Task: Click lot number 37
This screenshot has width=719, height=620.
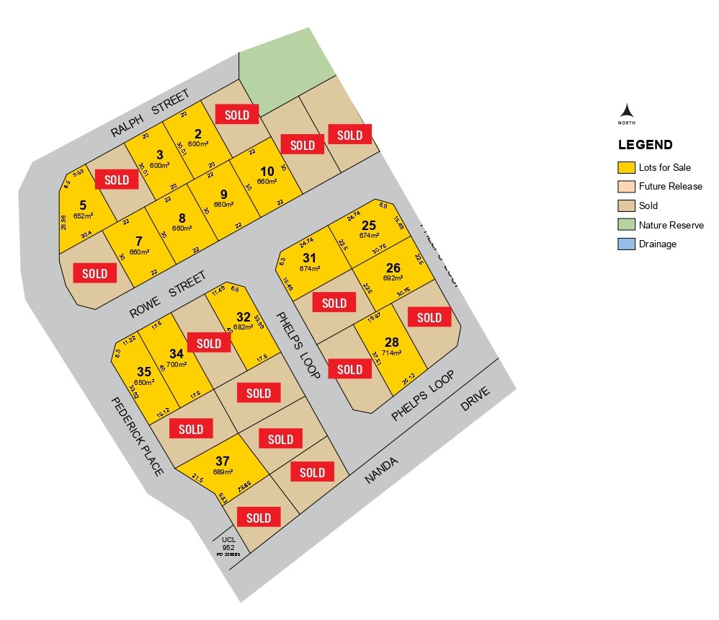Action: [222, 461]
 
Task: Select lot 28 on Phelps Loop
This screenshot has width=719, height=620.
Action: [391, 342]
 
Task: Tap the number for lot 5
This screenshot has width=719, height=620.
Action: [83, 204]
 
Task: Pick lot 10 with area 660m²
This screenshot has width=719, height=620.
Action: [267, 171]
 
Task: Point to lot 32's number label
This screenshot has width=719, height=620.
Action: [244, 316]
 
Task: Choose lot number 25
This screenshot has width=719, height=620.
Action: [369, 225]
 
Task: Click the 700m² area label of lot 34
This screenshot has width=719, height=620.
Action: [177, 365]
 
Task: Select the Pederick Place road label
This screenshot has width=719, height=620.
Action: [137, 435]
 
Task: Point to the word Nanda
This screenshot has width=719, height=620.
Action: [381, 469]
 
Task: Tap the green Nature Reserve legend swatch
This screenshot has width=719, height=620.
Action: [626, 225]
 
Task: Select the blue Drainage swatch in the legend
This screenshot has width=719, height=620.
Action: [626, 244]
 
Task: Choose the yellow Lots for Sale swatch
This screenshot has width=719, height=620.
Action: [626, 167]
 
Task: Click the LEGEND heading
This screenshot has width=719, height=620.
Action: [645, 145]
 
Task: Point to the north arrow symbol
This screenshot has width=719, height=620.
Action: [627, 110]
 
